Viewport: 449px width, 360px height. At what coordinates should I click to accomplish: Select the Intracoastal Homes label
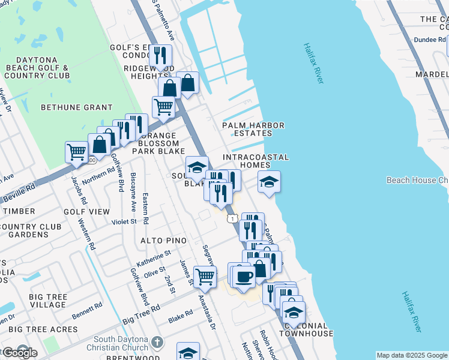[x=256, y=161]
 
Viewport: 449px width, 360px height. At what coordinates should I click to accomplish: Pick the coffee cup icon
[x=244, y=277]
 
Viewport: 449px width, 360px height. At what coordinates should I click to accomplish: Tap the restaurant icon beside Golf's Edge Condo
[x=160, y=56]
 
